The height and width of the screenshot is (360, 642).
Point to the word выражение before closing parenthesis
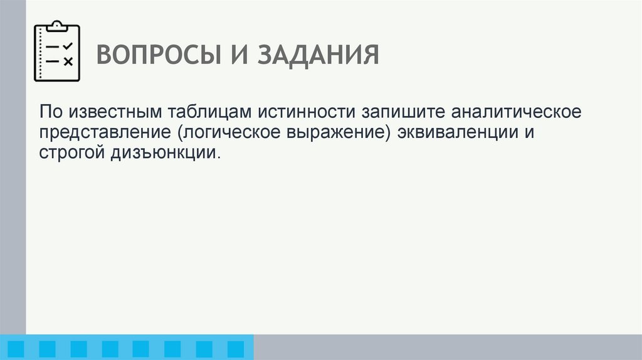pyautogui.click(x=339, y=133)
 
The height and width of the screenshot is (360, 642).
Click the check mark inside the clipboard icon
pyautogui.click(x=68, y=46)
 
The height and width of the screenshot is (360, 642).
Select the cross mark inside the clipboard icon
pyautogui.click(x=68, y=61)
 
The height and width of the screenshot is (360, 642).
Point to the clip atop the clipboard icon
pyautogui.click(x=57, y=26)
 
